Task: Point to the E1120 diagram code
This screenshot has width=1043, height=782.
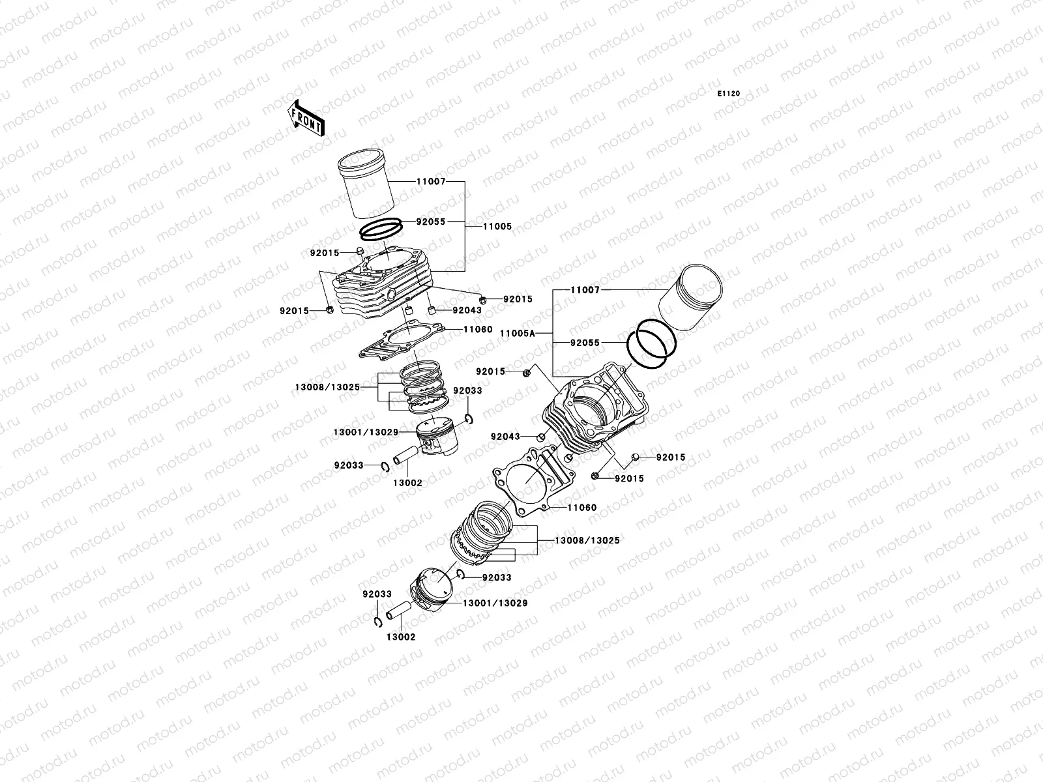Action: click(x=729, y=94)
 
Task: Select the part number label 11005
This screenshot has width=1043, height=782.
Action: click(x=497, y=227)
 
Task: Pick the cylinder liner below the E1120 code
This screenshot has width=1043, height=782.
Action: click(x=692, y=300)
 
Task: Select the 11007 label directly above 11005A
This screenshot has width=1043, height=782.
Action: click(x=585, y=290)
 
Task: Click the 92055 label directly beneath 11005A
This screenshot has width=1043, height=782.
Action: click(x=585, y=342)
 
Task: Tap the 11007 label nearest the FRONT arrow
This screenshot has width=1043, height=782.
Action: click(x=431, y=182)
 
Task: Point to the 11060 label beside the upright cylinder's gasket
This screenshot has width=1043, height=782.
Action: click(x=478, y=330)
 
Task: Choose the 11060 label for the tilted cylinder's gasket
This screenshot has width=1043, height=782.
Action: click(x=582, y=508)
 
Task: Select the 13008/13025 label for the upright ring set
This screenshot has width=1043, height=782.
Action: click(x=327, y=387)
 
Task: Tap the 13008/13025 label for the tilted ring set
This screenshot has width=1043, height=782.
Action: click(x=587, y=540)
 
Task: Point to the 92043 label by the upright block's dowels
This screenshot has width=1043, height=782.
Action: click(x=467, y=310)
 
